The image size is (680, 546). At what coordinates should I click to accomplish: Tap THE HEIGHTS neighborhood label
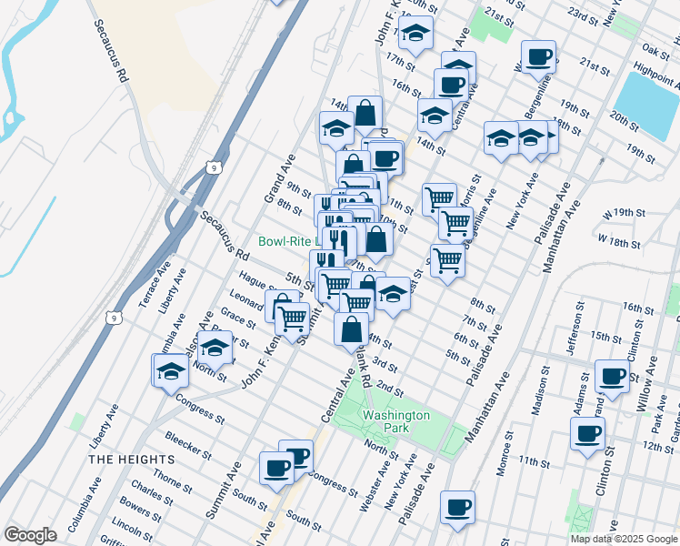coord(125,460)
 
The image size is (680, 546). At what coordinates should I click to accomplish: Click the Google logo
coord(30,535)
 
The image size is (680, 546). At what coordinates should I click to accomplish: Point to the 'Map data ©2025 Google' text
coord(624,539)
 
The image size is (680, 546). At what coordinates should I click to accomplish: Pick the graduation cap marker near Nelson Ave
coord(215,348)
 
